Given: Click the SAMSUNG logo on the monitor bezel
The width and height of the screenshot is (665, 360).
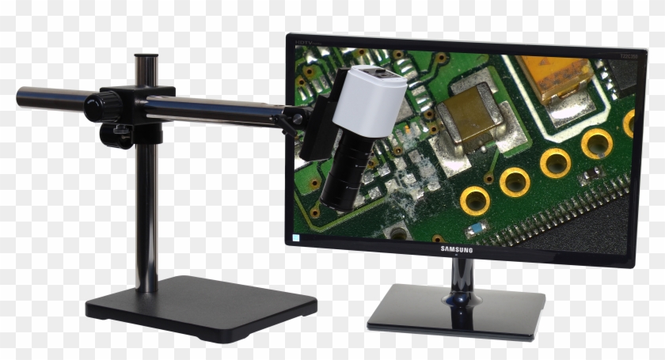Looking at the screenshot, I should [456, 250].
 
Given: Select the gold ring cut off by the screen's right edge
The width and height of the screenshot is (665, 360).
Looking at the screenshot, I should [629, 123].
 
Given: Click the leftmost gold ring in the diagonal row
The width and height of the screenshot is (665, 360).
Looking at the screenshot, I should [474, 201].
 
